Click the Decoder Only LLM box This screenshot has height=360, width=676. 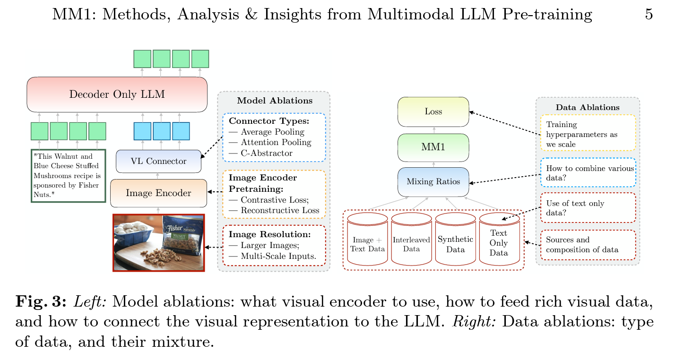click(117, 94)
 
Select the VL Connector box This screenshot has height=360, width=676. click(158, 161)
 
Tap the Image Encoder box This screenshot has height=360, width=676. click(158, 193)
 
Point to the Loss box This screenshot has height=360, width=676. click(433, 112)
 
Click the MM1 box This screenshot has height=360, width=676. click(433, 147)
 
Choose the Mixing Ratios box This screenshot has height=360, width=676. click(433, 182)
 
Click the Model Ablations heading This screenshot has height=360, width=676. click(274, 101)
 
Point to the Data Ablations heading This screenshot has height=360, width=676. click(587, 107)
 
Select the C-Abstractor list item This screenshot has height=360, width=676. click(267, 153)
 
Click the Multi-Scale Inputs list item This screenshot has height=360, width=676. click(278, 257)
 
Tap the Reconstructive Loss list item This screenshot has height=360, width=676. click(280, 210)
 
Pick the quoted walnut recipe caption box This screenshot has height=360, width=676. click(68, 176)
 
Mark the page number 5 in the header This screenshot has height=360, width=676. click(649, 15)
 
